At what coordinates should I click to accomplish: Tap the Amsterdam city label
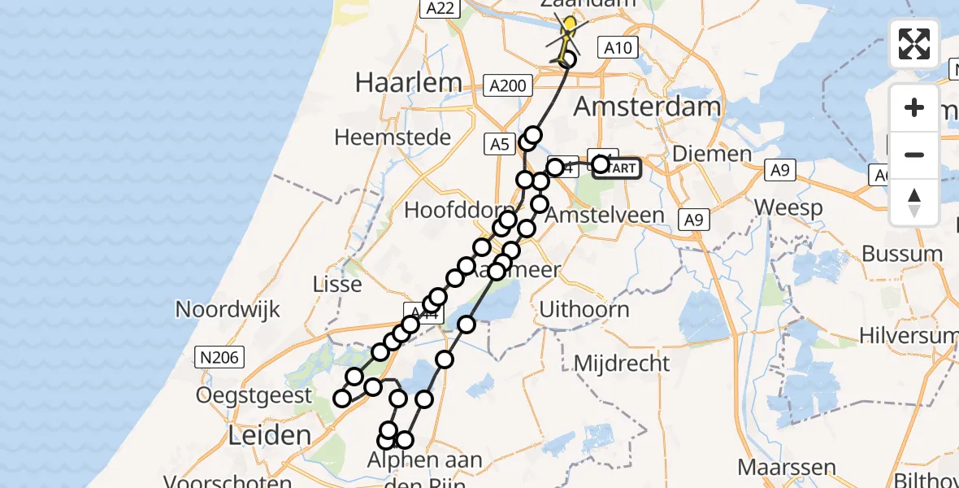tap(648, 107)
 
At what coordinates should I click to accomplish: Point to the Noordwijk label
tap(228, 310)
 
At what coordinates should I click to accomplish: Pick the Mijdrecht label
tap(622, 363)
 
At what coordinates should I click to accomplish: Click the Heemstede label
tap(393, 137)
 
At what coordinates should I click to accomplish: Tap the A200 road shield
tap(509, 85)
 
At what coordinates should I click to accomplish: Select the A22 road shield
tap(440, 8)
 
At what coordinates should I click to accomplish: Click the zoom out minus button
tap(914, 155)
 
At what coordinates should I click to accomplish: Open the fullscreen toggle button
tap(914, 43)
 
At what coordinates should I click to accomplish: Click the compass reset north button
tap(914, 202)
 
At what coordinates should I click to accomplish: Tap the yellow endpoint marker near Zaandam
tap(569, 25)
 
